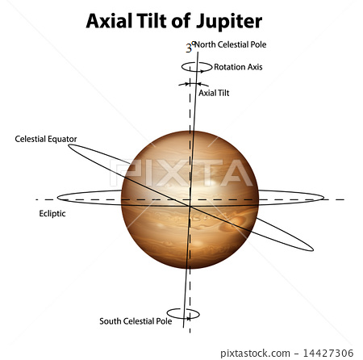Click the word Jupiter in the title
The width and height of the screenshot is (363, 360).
(229, 22)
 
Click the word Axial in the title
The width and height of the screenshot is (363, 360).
(109, 21)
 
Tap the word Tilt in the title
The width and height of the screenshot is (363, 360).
(151, 21)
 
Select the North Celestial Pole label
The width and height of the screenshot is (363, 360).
(230, 44)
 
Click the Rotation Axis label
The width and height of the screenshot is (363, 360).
(238, 67)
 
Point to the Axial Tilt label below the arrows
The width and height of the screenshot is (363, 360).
(214, 93)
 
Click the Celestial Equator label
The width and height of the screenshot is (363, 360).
(46, 139)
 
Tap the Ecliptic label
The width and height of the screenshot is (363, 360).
(52, 214)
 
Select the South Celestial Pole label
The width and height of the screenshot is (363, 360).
(136, 321)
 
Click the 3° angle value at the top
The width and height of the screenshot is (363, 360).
(190, 48)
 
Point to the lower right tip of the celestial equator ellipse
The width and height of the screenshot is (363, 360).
(313, 249)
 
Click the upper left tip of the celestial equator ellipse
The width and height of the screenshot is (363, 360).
(69, 146)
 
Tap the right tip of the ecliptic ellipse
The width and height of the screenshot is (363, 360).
(323, 198)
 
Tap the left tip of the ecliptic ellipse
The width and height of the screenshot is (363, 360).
(57, 198)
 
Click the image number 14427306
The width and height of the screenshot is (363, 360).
(328, 353)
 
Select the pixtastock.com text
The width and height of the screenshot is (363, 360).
(255, 353)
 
